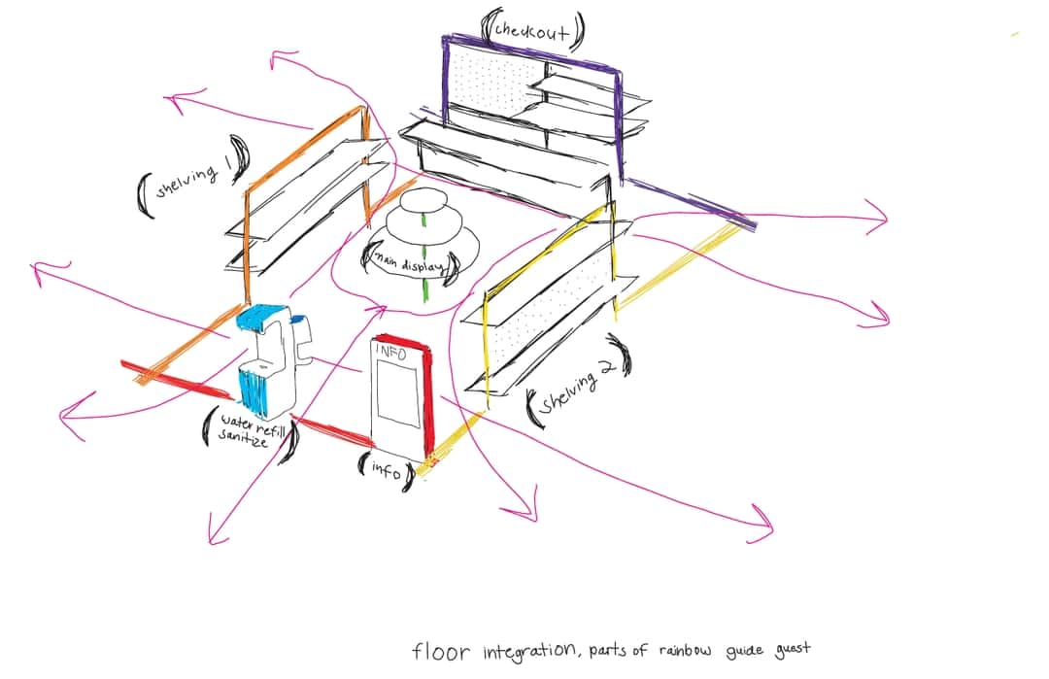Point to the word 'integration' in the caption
pos(529,650)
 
